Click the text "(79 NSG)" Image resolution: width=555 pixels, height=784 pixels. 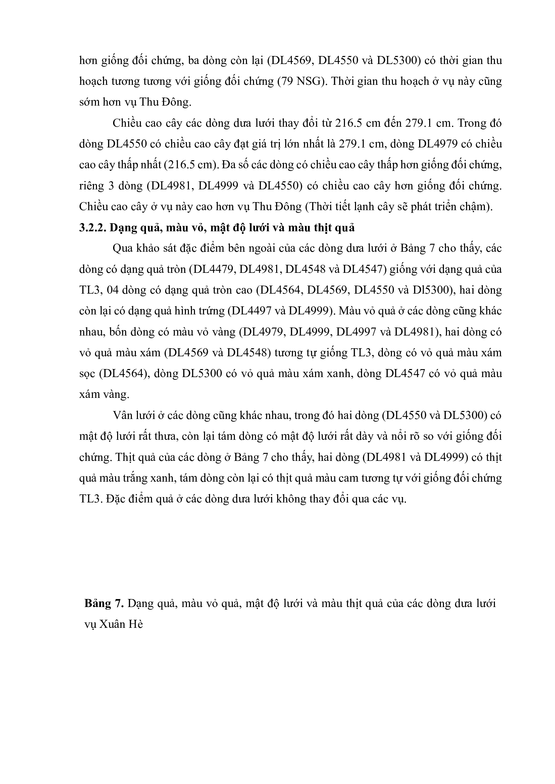pos(301,81)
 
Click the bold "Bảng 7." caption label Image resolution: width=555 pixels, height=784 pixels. pos(104,604)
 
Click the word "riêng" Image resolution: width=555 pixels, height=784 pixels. pos(92,186)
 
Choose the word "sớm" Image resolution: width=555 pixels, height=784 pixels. pos(89,103)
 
